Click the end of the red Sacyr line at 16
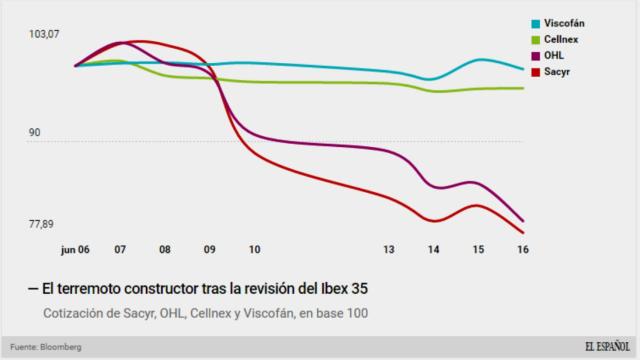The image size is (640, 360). point(523,233)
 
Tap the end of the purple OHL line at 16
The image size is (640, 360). point(523,221)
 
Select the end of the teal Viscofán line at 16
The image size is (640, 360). point(523,69)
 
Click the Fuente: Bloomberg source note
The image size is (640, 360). point(46,346)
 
